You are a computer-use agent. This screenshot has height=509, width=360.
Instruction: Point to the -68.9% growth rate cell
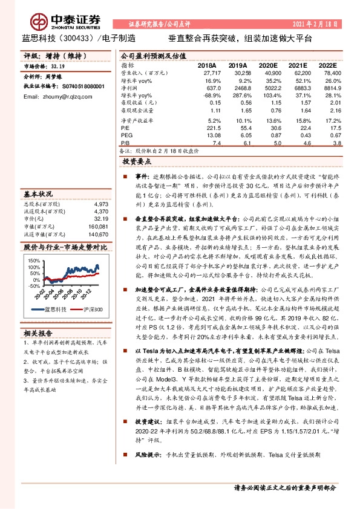(x=209, y=96)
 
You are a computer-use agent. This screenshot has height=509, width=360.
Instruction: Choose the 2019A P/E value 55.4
(x=238, y=128)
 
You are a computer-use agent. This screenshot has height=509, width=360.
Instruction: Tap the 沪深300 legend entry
(x=91, y=310)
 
